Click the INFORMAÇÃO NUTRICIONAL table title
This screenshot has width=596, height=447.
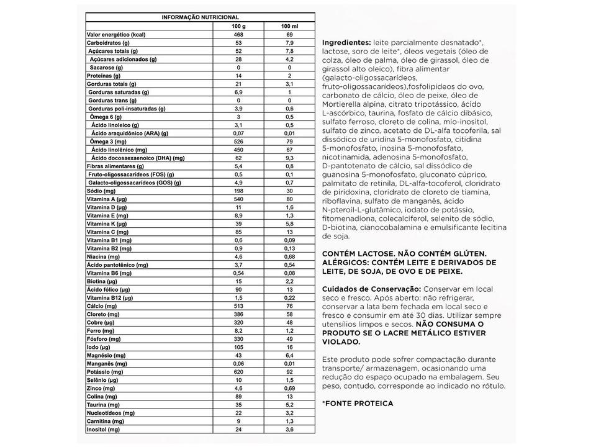tap(200, 17)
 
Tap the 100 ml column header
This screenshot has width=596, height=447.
tap(289, 25)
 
